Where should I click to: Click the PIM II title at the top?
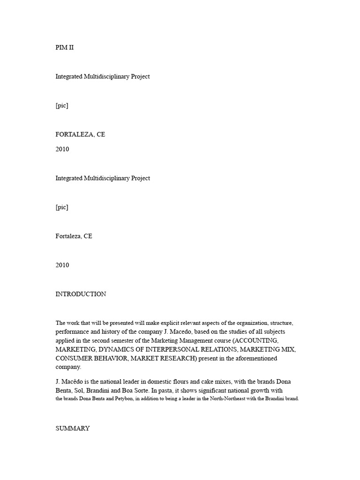[x=65, y=47]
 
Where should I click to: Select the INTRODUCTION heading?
[x=81, y=294]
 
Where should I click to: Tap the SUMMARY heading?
[x=73, y=428]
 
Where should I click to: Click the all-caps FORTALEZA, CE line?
[x=80, y=134]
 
